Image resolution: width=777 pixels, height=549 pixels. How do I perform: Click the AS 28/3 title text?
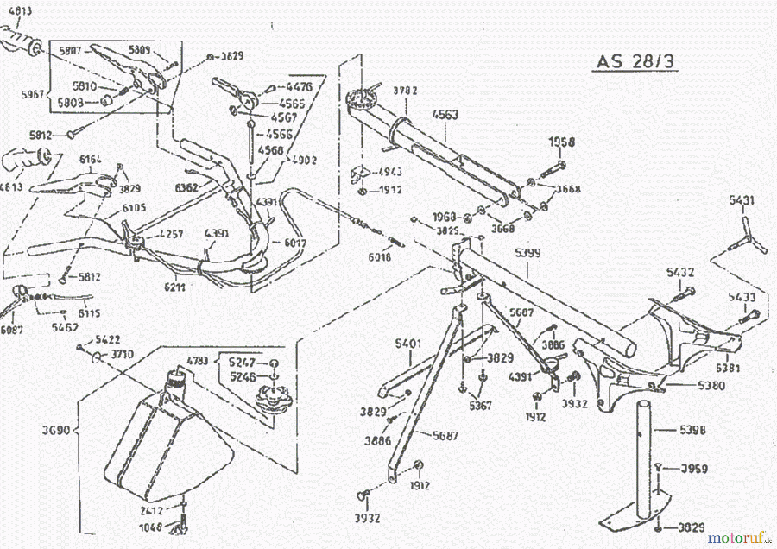tap(635, 61)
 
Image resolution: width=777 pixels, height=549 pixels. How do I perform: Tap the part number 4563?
tap(445, 115)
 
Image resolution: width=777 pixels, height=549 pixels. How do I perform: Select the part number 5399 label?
tap(527, 253)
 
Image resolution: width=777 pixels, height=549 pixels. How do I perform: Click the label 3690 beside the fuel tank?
tap(56, 430)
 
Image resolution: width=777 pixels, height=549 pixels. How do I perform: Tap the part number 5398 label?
tap(692, 430)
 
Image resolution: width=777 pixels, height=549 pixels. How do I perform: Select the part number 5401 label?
tap(408, 344)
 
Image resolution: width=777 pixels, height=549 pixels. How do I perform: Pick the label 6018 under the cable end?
tap(379, 257)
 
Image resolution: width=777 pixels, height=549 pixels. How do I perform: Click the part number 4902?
tap(304, 160)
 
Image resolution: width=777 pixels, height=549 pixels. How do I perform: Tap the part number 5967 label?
tap(33, 94)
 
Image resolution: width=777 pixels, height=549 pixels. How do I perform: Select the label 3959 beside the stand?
tap(694, 469)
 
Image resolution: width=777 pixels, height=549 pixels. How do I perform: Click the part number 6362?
tap(186, 187)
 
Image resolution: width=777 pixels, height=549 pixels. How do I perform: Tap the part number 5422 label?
tap(107, 340)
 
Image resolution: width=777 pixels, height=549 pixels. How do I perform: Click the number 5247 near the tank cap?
tap(242, 362)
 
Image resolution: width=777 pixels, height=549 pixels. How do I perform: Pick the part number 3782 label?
tap(405, 91)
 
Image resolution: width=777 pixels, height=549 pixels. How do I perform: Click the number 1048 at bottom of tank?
tap(151, 527)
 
